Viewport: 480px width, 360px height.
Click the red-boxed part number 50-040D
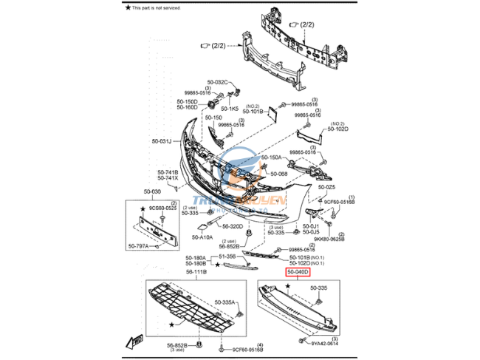tap(298, 273)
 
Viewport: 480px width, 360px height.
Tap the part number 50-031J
tap(162, 141)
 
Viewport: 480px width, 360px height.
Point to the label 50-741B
tap(168, 172)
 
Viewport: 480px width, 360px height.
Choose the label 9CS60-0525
tap(164, 209)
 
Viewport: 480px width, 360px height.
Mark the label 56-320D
tap(232, 227)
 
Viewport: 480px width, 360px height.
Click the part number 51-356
tap(227, 256)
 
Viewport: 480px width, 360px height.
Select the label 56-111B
tap(196, 272)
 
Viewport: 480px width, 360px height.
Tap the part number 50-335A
tap(225, 302)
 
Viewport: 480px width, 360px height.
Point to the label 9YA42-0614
tap(323, 344)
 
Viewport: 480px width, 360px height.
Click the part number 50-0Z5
tap(326, 187)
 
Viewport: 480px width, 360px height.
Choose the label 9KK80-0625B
tap(329, 240)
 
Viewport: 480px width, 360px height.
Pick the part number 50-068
tap(278, 174)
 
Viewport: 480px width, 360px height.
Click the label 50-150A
tap(270, 158)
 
